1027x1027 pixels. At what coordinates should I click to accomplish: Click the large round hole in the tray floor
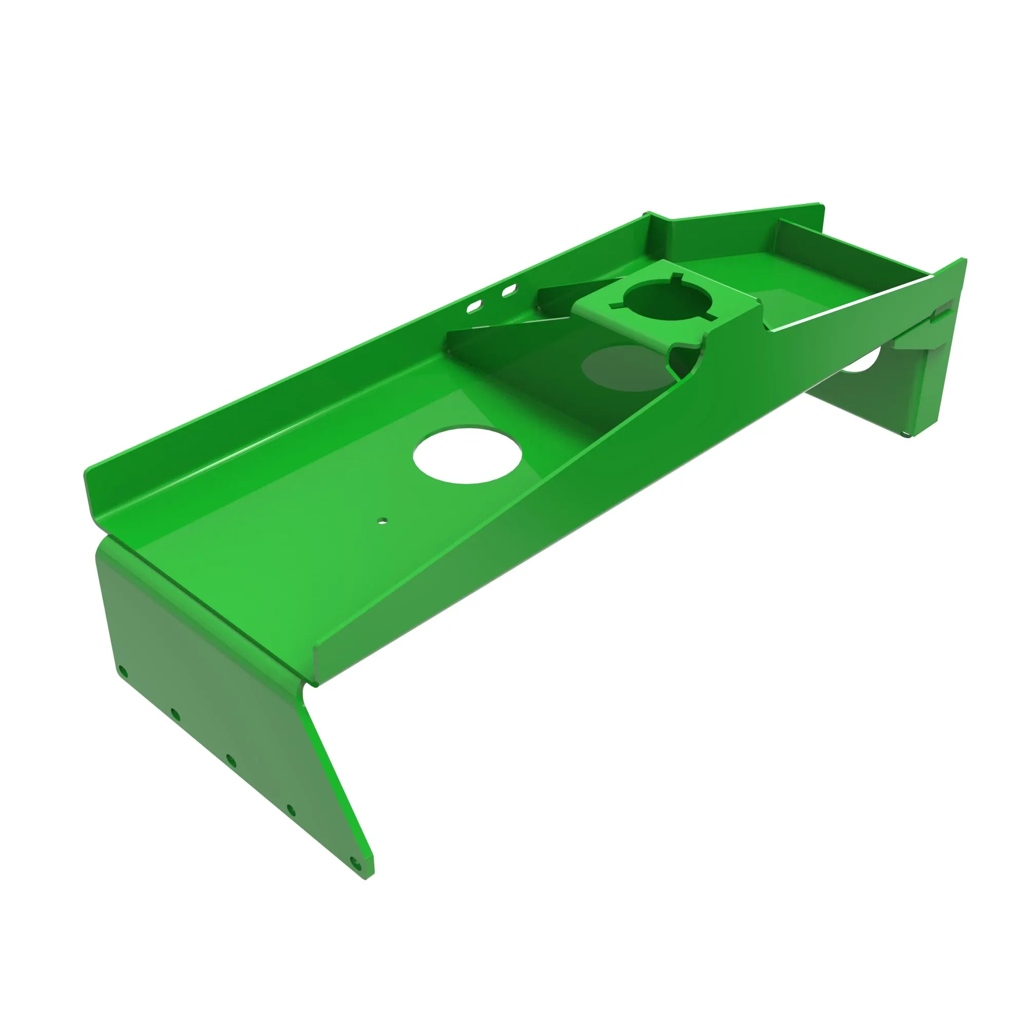[467, 454]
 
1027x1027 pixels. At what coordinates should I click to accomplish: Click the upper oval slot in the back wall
[509, 290]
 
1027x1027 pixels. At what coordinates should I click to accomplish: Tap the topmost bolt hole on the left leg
[122, 672]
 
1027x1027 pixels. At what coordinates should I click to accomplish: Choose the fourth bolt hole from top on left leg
[291, 810]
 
